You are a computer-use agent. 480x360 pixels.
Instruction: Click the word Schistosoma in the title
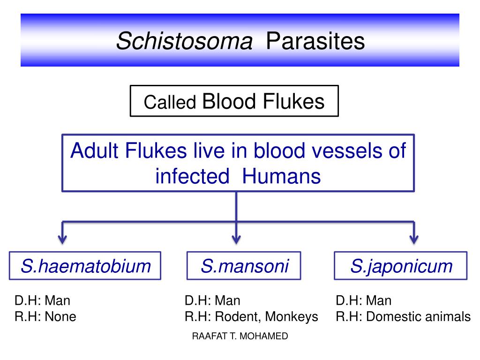tap(184, 41)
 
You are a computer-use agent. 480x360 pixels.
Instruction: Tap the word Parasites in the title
tap(315, 41)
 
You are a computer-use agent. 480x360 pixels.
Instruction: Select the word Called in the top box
tap(170, 103)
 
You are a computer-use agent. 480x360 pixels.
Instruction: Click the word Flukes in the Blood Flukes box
tap(294, 101)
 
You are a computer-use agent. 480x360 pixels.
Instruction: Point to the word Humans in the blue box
tap(282, 176)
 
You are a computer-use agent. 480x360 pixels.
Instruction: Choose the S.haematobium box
tap(85, 266)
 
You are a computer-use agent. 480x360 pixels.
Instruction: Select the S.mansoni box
tap(244, 266)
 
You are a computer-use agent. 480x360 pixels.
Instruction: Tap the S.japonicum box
tap(401, 266)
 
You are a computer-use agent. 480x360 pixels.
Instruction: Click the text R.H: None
tap(45, 317)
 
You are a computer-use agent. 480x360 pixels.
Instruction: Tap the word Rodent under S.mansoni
tap(236, 317)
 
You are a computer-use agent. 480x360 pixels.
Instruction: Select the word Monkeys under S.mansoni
tap(291, 317)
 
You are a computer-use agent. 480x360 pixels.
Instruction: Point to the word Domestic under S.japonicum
tap(395, 317)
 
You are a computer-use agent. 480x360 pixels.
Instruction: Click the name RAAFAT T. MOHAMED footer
tap(240, 337)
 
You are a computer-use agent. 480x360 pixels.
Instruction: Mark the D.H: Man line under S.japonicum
tap(364, 300)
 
